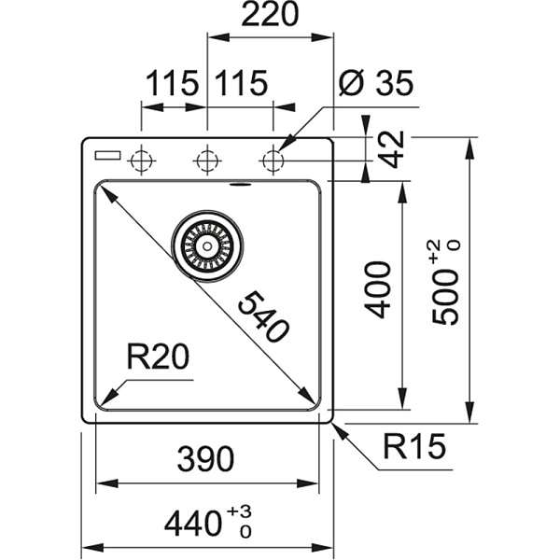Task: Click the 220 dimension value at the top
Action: coord(270,16)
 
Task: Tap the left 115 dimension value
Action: coord(172,83)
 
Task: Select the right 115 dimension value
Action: coord(241,83)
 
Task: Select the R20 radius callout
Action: coord(158,356)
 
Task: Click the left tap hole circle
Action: coord(141,161)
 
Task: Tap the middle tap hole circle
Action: coord(206,161)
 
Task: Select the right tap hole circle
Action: coord(273,161)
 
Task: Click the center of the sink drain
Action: coord(206,244)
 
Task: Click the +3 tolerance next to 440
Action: coord(245,511)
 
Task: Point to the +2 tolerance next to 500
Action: coord(435,253)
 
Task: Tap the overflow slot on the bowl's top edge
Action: coord(244,184)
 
